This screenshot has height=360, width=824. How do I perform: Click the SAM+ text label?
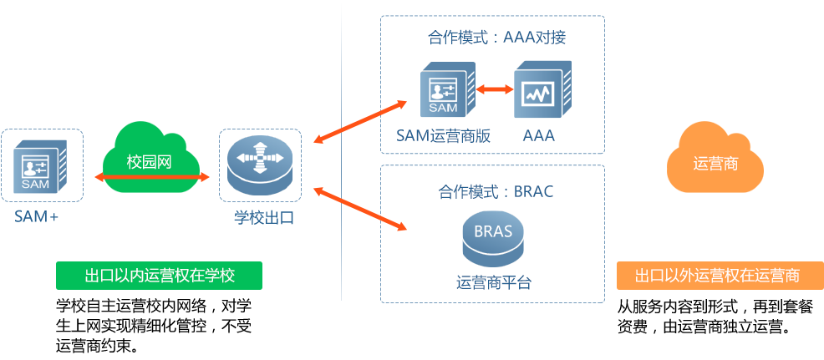click(36, 217)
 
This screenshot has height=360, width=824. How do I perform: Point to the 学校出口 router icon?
click(260, 165)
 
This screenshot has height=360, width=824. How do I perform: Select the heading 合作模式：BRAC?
click(496, 191)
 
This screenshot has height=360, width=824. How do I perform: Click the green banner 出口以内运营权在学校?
click(160, 276)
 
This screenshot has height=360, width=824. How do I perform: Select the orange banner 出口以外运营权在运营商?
click(719, 276)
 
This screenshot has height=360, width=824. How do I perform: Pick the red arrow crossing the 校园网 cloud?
click(150, 177)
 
